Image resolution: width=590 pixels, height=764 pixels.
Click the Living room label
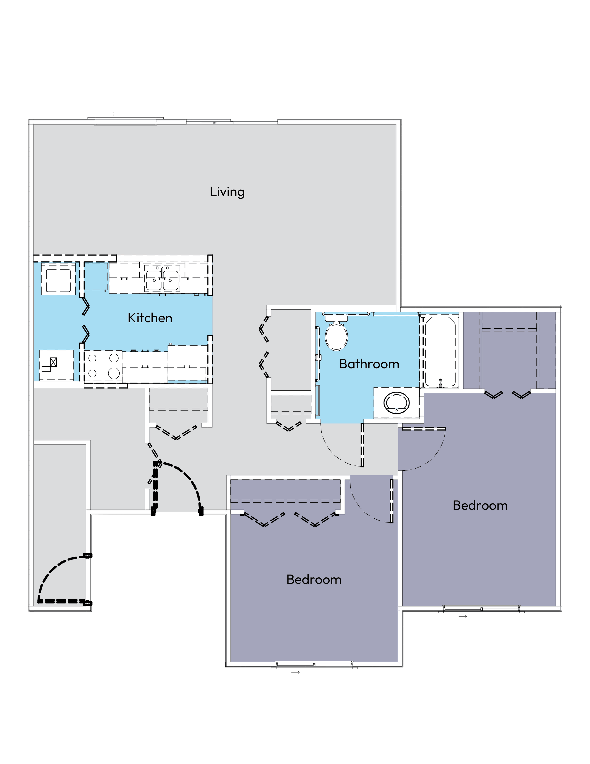[227, 192]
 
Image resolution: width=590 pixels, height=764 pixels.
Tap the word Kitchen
[150, 318]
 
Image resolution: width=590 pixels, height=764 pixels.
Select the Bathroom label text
[369, 364]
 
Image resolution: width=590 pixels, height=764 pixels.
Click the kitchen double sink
[162, 280]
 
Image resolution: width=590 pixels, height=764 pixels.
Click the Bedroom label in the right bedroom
[480, 506]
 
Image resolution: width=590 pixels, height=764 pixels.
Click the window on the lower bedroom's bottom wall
[314, 664]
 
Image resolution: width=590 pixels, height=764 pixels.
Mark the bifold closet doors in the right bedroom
[507, 395]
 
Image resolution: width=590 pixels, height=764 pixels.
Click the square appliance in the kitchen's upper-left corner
[58, 279]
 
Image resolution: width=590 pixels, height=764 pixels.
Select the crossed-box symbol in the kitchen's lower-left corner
[53, 362]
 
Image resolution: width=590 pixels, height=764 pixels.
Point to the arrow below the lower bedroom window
[296, 673]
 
